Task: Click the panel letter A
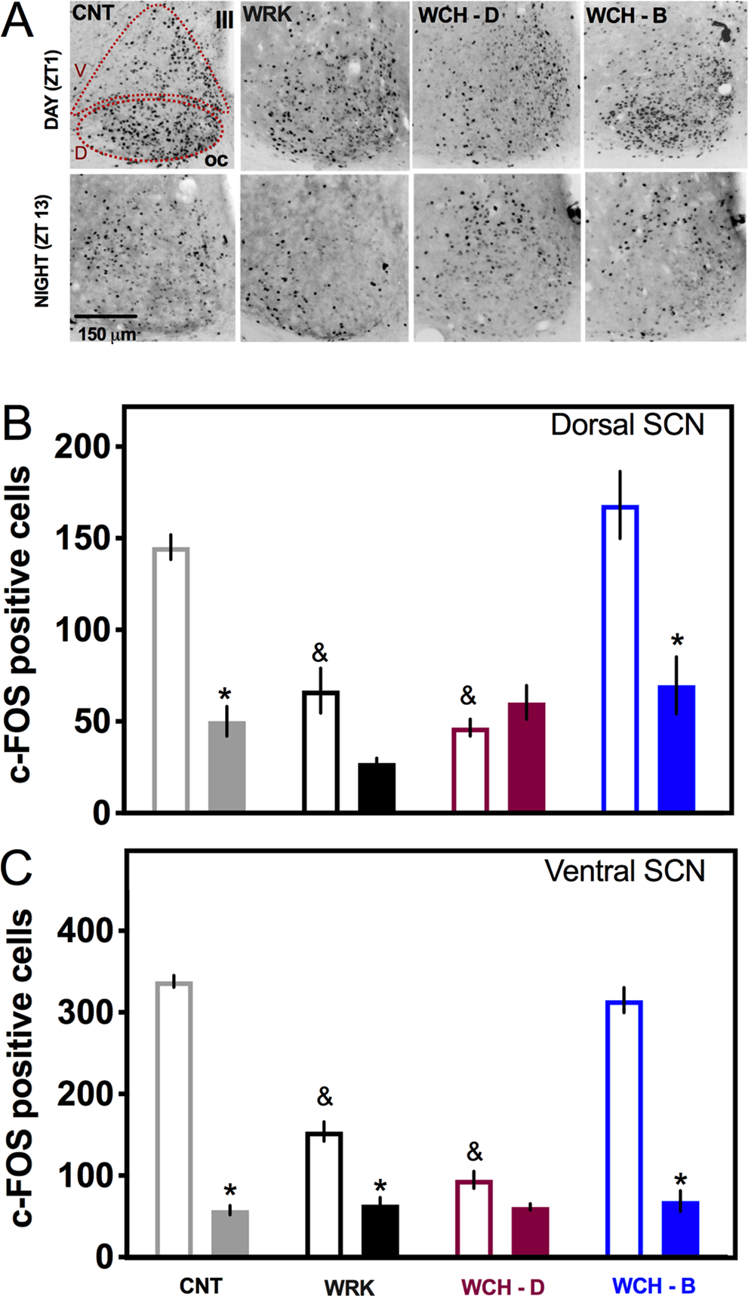point(17,20)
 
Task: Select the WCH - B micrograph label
point(626,16)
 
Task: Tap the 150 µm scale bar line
point(106,316)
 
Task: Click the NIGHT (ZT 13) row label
point(43,251)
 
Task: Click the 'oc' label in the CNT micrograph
point(216,160)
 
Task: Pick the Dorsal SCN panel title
point(626,424)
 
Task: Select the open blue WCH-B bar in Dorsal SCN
point(620,658)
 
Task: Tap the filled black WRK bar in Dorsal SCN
point(377,787)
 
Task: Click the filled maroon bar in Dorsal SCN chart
point(526,757)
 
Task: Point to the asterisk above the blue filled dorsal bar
point(677,642)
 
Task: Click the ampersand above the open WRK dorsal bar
point(320,653)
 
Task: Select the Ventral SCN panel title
point(624,871)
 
